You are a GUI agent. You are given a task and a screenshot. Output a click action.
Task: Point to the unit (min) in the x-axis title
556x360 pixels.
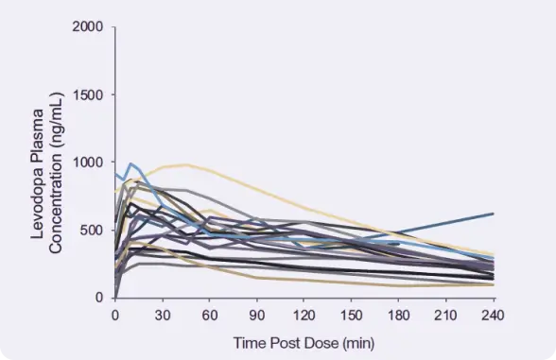click(360, 340)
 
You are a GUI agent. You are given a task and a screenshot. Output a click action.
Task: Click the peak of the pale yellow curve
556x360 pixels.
click(186, 164)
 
